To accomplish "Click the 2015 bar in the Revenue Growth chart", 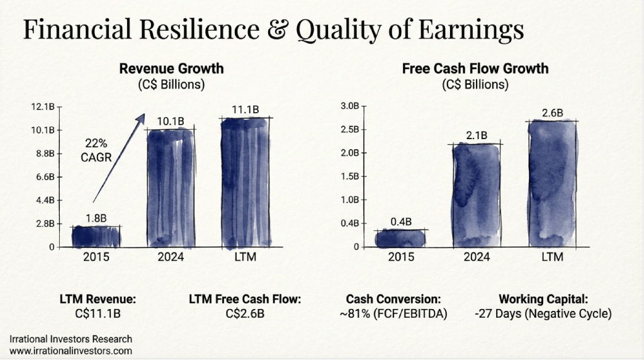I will pyautogui.click(x=96, y=236).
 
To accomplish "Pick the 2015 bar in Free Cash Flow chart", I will pyautogui.click(x=401, y=238).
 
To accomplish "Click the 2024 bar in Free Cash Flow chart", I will pyautogui.click(x=477, y=195).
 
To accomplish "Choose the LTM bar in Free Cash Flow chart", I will pyautogui.click(x=552, y=183).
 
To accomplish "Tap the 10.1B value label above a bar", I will pyautogui.click(x=171, y=121).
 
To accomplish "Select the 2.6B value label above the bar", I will pyautogui.click(x=552, y=113).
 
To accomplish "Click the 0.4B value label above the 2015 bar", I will pyautogui.click(x=401, y=222).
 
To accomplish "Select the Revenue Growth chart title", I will pyautogui.click(x=171, y=69).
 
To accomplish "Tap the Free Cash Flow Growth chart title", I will pyautogui.click(x=475, y=69).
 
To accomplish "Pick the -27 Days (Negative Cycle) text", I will pyautogui.click(x=543, y=313).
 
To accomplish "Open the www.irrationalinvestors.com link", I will pyautogui.click(x=71, y=351).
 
